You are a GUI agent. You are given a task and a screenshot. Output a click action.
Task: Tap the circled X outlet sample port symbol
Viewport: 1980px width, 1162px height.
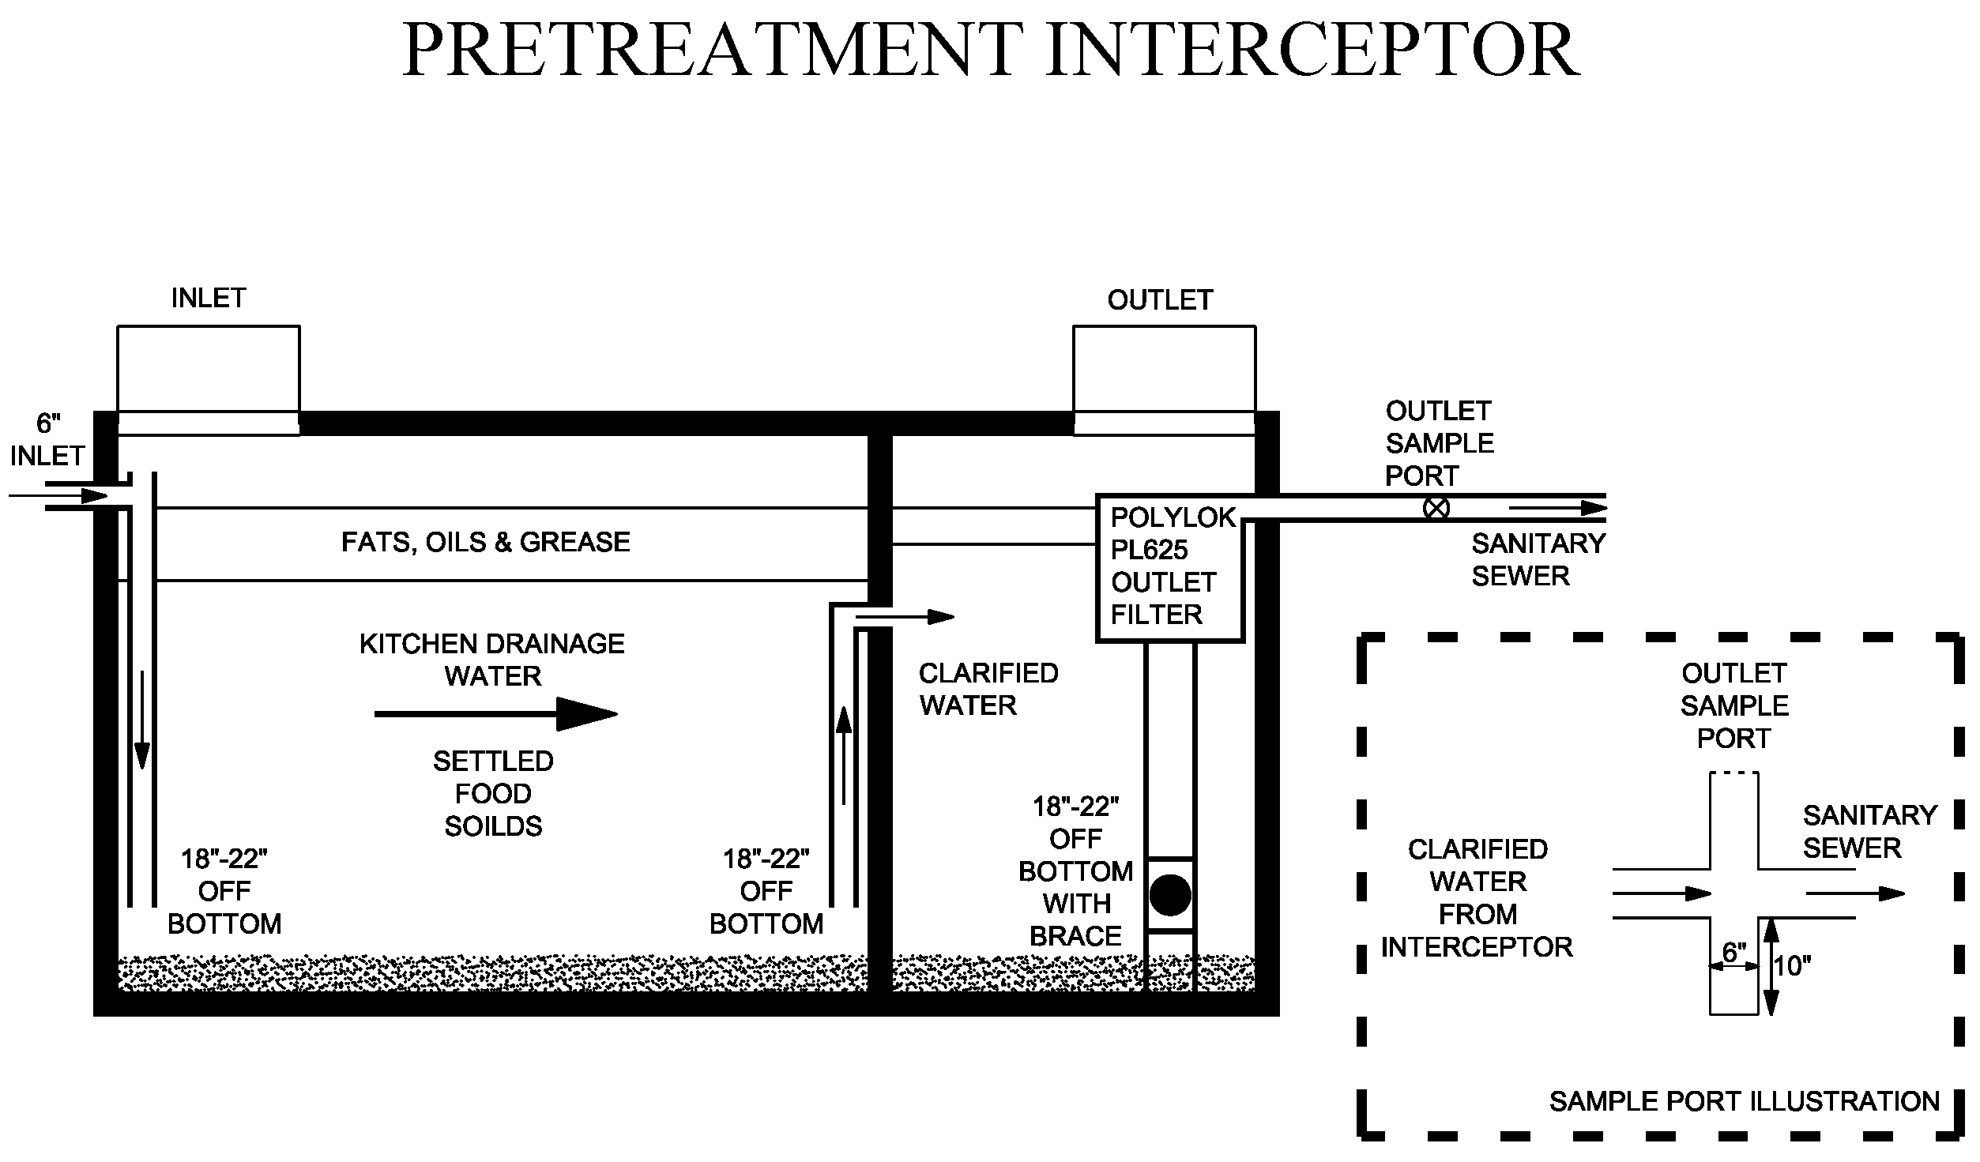coord(1436,508)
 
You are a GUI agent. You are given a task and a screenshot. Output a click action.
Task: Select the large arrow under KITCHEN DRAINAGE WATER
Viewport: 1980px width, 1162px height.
coord(495,714)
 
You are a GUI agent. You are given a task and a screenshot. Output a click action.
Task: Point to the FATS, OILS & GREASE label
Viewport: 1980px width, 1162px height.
coord(485,542)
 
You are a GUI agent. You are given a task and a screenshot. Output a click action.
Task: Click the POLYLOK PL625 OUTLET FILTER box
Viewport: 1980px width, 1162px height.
coord(1171,566)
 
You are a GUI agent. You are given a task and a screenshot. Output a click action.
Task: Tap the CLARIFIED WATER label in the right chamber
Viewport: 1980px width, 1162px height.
coord(988,689)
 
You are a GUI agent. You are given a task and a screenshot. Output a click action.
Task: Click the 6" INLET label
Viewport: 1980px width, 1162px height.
coord(47,440)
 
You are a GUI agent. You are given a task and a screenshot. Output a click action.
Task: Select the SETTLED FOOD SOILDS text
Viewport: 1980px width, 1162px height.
coord(493,793)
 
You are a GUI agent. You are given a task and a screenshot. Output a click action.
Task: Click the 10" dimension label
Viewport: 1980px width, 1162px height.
coord(1792,965)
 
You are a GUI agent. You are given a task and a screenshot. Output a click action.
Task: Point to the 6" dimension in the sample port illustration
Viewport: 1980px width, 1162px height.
coord(1733,953)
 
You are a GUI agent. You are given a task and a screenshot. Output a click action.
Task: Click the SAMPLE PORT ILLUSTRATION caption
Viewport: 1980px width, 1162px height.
coord(1745,1101)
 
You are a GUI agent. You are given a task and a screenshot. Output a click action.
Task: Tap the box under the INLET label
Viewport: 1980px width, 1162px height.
coord(209,368)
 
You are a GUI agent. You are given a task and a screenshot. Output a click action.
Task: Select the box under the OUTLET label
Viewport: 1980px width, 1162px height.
coord(1164,368)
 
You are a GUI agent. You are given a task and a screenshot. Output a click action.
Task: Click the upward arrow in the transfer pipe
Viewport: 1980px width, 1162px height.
coord(844,754)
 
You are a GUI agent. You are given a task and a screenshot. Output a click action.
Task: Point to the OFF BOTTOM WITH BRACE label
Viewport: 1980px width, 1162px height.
coord(1075,871)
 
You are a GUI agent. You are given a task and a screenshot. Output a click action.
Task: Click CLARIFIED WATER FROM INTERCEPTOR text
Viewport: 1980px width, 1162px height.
coord(1477,897)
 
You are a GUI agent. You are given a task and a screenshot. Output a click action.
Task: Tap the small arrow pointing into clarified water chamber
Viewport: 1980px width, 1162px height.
coord(905,616)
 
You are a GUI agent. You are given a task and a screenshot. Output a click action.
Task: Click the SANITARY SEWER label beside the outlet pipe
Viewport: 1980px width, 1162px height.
coord(1538,559)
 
